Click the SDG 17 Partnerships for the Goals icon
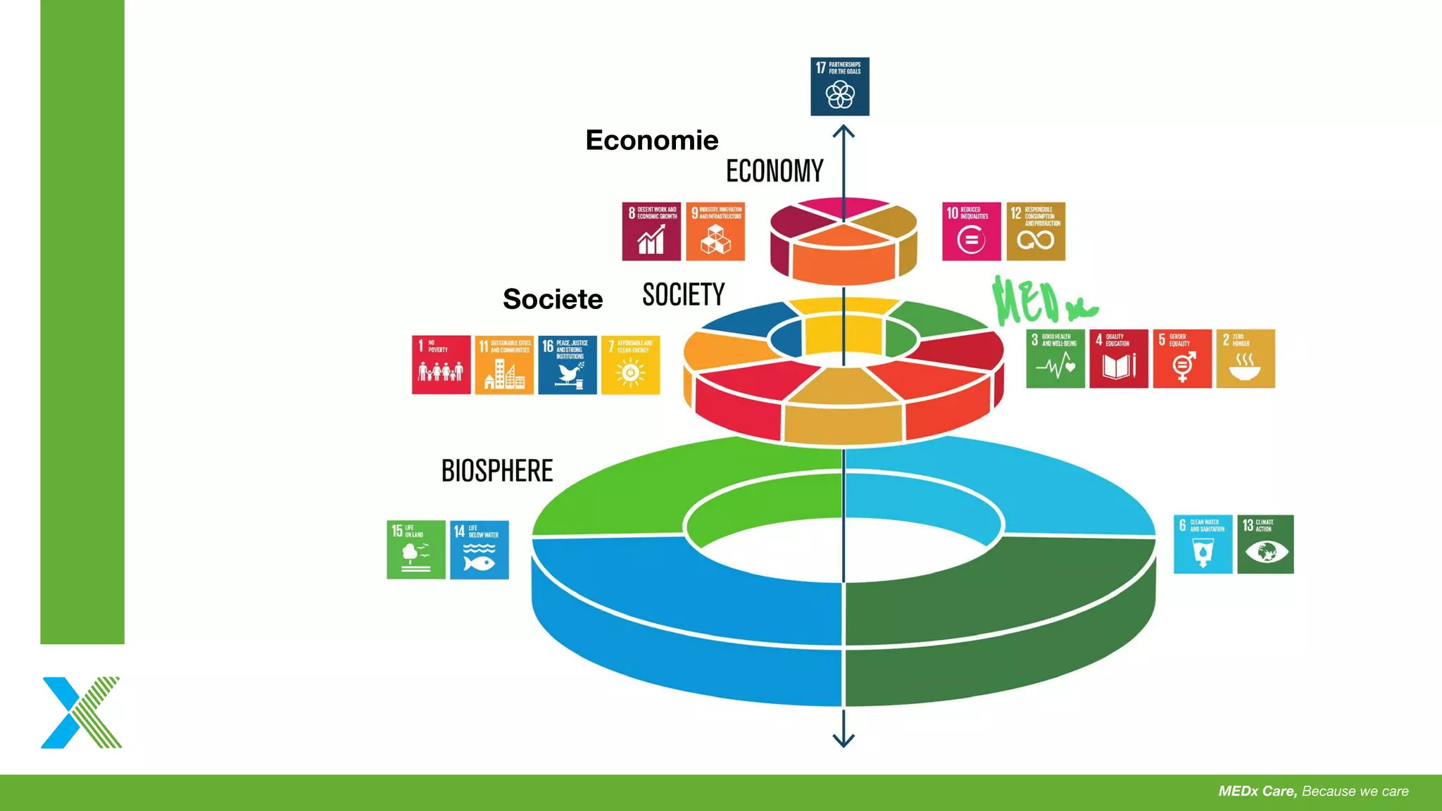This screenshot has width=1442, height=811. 839,87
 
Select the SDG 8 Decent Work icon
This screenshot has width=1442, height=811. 651,232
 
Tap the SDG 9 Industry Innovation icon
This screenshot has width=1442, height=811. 715,232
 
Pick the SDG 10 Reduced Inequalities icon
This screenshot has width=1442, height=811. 971,232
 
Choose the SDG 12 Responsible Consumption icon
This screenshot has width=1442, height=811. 1035,232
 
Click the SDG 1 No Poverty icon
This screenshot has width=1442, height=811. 441,365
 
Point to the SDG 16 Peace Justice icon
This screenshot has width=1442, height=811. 568,365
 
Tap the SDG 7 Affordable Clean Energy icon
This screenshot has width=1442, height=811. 631,365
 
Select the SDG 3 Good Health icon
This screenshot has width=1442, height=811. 1055,358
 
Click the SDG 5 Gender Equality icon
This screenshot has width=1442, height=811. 1182,358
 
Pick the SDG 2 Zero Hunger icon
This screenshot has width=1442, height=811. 1246,358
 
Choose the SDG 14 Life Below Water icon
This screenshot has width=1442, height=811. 479,550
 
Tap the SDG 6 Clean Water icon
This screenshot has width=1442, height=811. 1203,544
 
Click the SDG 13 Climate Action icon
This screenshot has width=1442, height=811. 1265,544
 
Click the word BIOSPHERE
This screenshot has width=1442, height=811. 497,471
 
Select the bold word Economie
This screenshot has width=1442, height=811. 652,140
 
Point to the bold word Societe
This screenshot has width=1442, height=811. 553,299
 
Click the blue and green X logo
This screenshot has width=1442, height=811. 81,712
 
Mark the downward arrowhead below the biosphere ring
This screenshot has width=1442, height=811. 844,739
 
